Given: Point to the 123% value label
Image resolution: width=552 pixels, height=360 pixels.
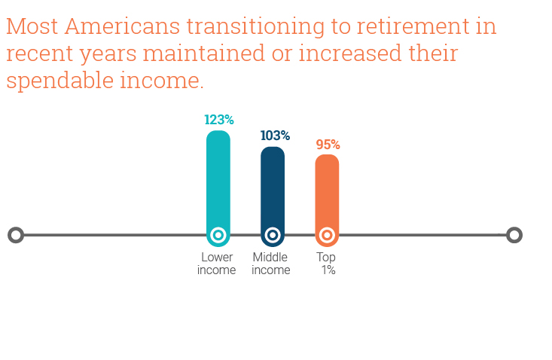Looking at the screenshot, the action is [219, 120].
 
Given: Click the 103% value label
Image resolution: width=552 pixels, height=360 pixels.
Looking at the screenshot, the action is [275, 136].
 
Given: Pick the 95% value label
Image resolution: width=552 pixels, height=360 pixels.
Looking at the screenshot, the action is [328, 145].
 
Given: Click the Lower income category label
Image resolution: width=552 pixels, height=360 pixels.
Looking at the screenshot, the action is [216, 264].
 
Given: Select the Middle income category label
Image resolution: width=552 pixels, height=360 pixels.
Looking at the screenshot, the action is [270, 264].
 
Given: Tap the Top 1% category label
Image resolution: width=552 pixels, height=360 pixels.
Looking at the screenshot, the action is [326, 264].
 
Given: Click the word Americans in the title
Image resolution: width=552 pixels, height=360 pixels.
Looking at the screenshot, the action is [122, 26].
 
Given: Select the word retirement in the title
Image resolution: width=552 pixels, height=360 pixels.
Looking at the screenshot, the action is [413, 27].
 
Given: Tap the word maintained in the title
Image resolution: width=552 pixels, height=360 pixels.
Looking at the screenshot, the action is [203, 53].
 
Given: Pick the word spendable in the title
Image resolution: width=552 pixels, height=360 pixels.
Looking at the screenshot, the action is [59, 81].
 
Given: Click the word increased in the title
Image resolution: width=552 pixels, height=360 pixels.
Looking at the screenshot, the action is [350, 53].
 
